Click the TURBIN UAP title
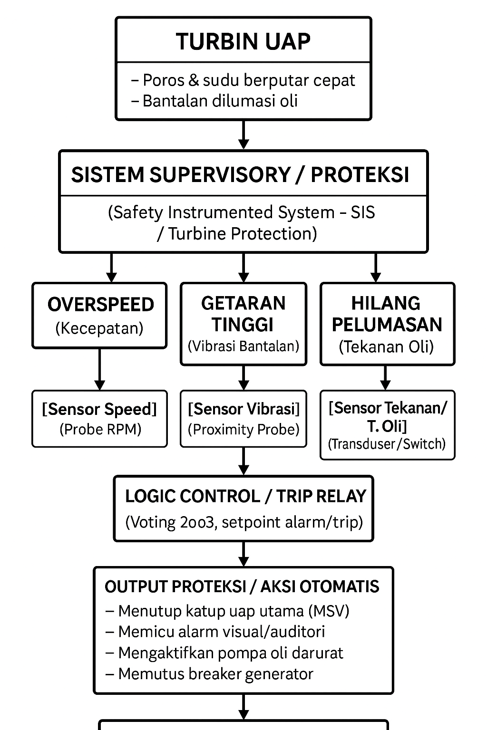(x=243, y=41)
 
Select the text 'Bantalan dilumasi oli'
(x=220, y=101)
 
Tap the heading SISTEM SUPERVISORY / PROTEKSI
(x=240, y=174)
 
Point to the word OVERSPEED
(x=101, y=305)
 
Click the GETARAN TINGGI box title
(x=243, y=314)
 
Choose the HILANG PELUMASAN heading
(x=387, y=314)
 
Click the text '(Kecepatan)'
(x=99, y=328)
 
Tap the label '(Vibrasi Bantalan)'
(x=243, y=346)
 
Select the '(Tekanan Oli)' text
(x=386, y=346)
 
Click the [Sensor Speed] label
(x=99, y=409)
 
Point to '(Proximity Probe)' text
(x=243, y=430)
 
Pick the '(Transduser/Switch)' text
(x=387, y=444)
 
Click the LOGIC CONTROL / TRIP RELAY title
(x=245, y=496)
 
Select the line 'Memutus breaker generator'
(x=215, y=674)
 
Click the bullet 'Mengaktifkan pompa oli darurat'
(x=230, y=653)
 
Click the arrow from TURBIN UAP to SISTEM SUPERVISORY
(x=243, y=134)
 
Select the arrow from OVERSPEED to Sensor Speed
(x=99, y=369)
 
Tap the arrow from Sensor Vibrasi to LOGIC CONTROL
(x=243, y=461)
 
